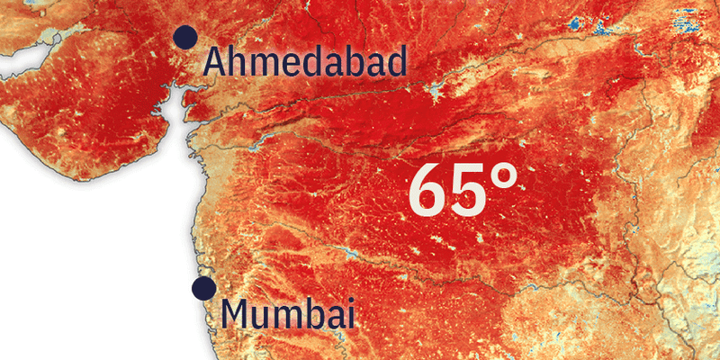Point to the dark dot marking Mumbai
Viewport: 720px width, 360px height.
point(203,288)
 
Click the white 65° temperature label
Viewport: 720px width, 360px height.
point(463,191)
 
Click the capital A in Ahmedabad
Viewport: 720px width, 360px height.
point(215,61)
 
